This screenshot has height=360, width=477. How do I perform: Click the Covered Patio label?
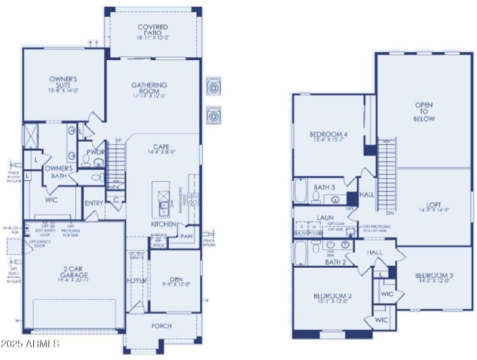click(153, 31)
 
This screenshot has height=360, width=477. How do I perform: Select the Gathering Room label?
click(149, 89)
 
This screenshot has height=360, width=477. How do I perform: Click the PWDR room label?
click(95, 152)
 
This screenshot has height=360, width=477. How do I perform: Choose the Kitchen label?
click(163, 224)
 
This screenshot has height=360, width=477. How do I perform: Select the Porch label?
click(162, 326)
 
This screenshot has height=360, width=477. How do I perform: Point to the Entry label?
click(94, 203)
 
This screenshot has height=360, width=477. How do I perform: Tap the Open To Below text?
click(425, 112)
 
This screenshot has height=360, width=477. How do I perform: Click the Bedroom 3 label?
click(433, 278)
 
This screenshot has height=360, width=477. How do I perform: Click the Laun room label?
click(325, 218)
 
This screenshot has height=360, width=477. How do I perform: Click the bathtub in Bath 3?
click(301, 192)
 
